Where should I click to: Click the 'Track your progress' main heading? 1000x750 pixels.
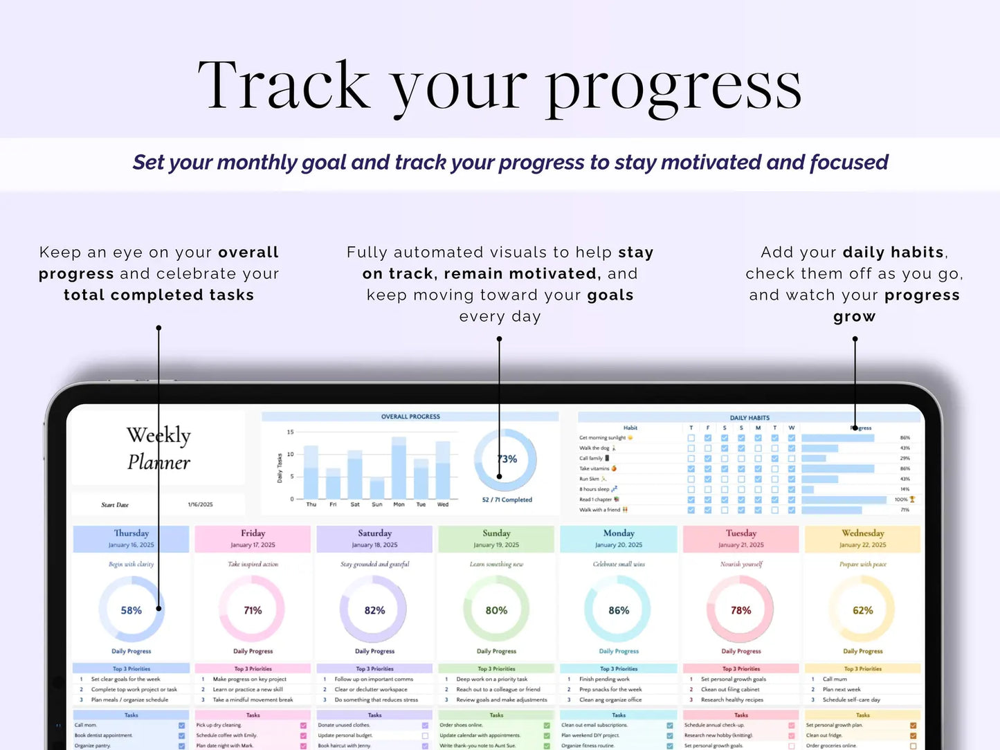click(x=499, y=86)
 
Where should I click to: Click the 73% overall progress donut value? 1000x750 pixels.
click(x=507, y=459)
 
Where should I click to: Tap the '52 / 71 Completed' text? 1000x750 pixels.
click(x=507, y=500)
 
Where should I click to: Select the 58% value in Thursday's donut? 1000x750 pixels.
click(x=131, y=610)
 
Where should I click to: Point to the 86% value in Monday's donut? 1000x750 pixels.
click(x=619, y=610)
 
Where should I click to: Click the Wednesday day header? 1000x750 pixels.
click(x=862, y=533)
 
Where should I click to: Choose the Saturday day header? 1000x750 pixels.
click(x=374, y=533)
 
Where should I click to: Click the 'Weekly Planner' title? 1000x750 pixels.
click(x=158, y=448)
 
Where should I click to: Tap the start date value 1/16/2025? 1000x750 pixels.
click(x=200, y=504)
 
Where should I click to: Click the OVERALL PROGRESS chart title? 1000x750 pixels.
click(x=410, y=417)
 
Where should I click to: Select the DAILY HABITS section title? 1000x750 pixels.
click(x=749, y=418)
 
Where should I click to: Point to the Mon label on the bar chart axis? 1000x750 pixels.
click(x=399, y=504)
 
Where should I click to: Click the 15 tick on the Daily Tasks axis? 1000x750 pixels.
click(x=291, y=432)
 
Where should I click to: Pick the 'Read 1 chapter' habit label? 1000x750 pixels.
click(x=596, y=499)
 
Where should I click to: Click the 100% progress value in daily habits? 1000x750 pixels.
click(x=901, y=499)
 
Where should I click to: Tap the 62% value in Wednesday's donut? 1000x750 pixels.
click(x=862, y=610)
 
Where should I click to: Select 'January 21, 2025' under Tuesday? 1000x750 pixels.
click(x=741, y=545)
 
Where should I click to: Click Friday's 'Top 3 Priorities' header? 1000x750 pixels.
click(x=253, y=669)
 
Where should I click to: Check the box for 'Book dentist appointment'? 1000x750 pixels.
click(x=181, y=735)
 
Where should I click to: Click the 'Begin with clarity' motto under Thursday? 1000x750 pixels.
click(x=131, y=565)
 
